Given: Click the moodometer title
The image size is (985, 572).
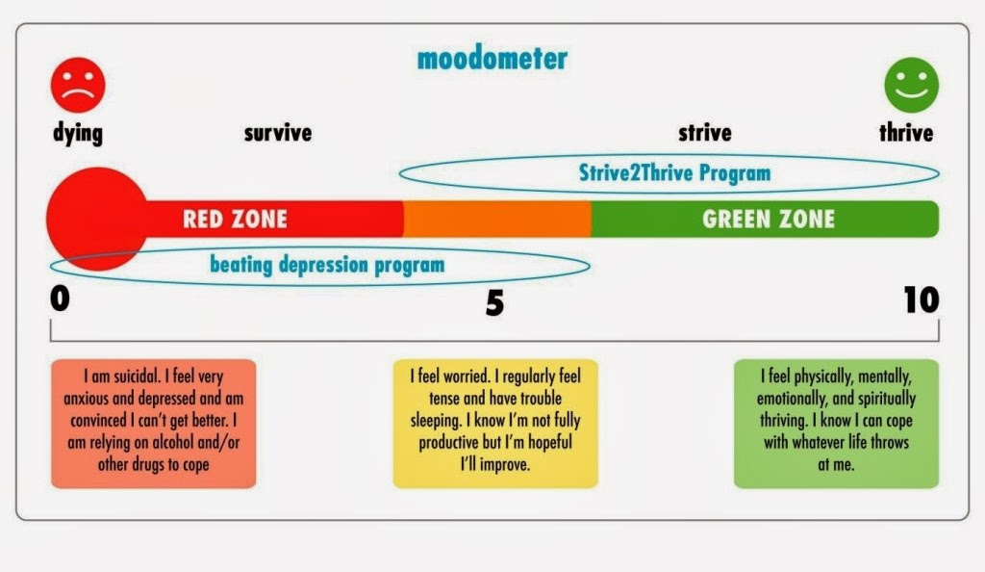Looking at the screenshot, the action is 492,59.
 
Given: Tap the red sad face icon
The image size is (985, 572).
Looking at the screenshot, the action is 78,85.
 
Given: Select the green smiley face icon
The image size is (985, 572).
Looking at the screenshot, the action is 912,85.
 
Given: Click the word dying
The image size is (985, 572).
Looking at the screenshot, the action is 78,133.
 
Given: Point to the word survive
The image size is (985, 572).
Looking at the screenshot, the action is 278,133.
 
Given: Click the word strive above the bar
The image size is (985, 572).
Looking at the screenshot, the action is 705,133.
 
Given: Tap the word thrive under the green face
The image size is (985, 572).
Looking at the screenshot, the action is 906,133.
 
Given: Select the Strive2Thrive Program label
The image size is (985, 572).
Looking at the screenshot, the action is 674,173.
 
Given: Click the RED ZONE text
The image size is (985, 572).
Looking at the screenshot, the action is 235,219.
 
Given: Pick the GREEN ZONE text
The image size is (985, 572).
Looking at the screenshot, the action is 769,219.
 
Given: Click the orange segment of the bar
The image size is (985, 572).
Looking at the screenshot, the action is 497,219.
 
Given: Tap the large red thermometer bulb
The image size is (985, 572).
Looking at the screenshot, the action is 97,219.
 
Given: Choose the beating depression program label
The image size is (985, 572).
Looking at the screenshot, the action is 327,265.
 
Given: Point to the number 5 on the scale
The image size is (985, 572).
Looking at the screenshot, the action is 494,303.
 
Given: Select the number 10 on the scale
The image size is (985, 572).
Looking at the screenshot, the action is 922,299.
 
